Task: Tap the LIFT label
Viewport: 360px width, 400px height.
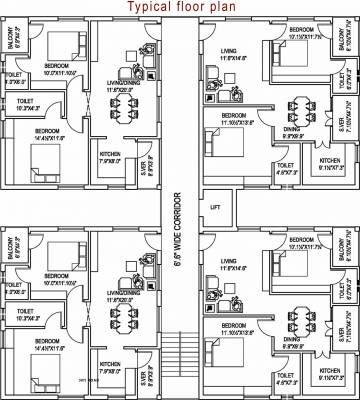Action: [x=214, y=207]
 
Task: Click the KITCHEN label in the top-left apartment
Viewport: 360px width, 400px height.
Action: [x=109, y=153]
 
